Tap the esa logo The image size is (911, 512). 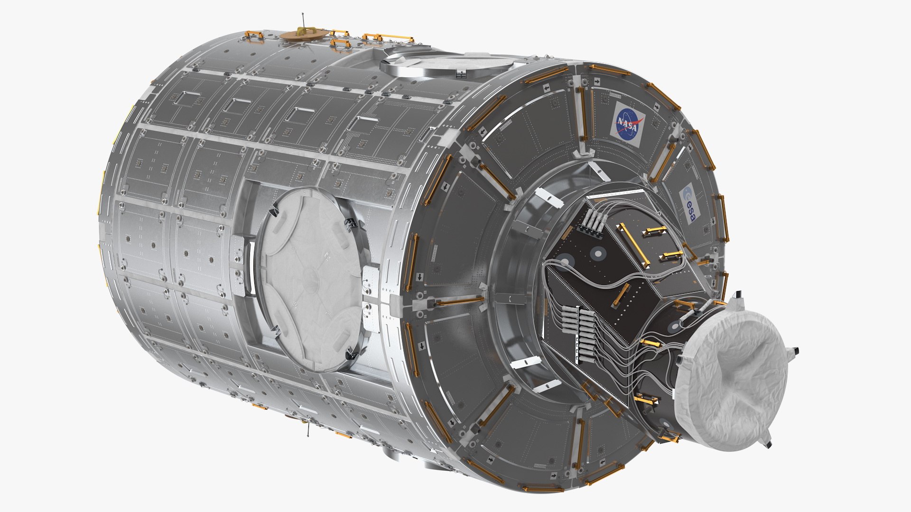coord(688,205)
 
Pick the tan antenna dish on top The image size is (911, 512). coord(302,34)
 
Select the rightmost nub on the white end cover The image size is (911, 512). coord(794,351)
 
